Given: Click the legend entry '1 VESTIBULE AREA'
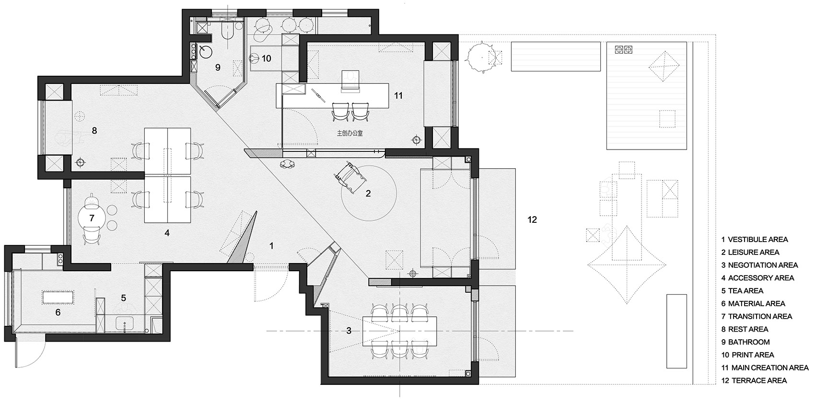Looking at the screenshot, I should coord(755,239).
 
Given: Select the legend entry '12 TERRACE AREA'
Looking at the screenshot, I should coord(754,380).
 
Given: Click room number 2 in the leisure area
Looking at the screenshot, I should coord(368,194).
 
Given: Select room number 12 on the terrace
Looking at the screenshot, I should coord(532,220).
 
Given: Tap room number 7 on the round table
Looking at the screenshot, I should coord(92,218).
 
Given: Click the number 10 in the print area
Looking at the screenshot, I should coord(266,58).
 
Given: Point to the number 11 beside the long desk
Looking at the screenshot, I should coord(398,96).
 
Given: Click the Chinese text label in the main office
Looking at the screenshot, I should coord(350,133).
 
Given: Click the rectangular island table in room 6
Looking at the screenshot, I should coord(58,297).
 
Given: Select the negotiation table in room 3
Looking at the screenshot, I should coord(400,330).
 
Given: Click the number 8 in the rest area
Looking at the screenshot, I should coord(94,130).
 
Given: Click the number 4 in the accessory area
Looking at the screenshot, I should coord(167,233).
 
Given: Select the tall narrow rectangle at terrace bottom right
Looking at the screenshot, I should coord(676,331).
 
